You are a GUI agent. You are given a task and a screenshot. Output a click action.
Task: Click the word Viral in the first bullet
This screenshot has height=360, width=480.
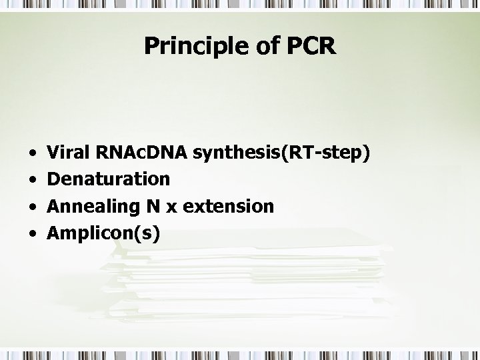71,153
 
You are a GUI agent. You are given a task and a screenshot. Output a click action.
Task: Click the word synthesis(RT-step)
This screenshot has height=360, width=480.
281,154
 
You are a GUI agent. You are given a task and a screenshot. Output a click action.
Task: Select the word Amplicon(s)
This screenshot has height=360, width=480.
103,234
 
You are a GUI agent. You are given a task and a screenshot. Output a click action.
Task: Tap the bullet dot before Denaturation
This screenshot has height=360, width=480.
33,181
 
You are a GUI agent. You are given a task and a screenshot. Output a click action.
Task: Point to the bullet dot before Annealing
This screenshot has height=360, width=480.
33,207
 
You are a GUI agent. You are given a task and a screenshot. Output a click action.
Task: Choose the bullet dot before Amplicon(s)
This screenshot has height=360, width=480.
33,234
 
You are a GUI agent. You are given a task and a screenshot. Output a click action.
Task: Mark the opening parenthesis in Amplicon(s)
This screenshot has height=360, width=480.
139,234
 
